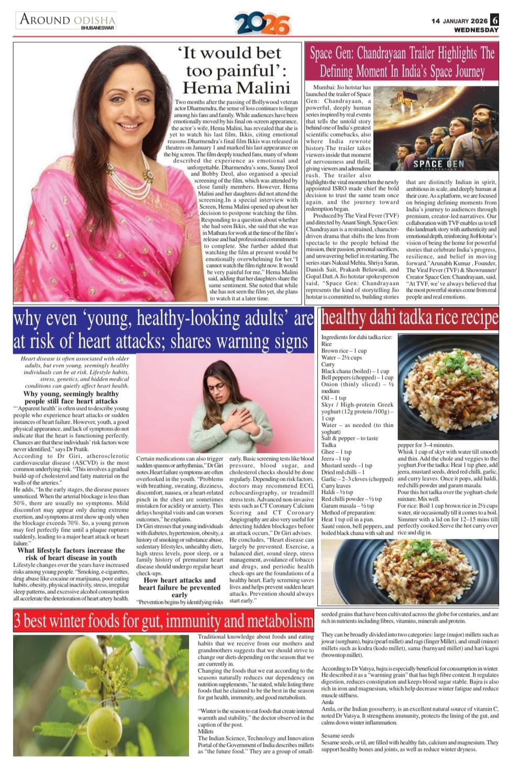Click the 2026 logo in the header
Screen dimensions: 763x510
pyautogui.click(x=262, y=24)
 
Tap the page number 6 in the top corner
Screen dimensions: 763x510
pyautogui.click(x=494, y=20)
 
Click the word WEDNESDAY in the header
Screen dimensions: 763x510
pyautogui.click(x=476, y=30)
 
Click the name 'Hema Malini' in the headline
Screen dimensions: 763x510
pyautogui.click(x=236, y=87)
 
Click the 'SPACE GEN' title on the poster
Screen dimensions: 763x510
pyautogui.click(x=438, y=164)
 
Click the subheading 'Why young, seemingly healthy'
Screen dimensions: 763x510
pyautogui.click(x=71, y=394)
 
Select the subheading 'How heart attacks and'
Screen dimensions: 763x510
pyautogui.click(x=180, y=580)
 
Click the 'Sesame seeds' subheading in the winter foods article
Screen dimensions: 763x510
pyautogui.click(x=338, y=735)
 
